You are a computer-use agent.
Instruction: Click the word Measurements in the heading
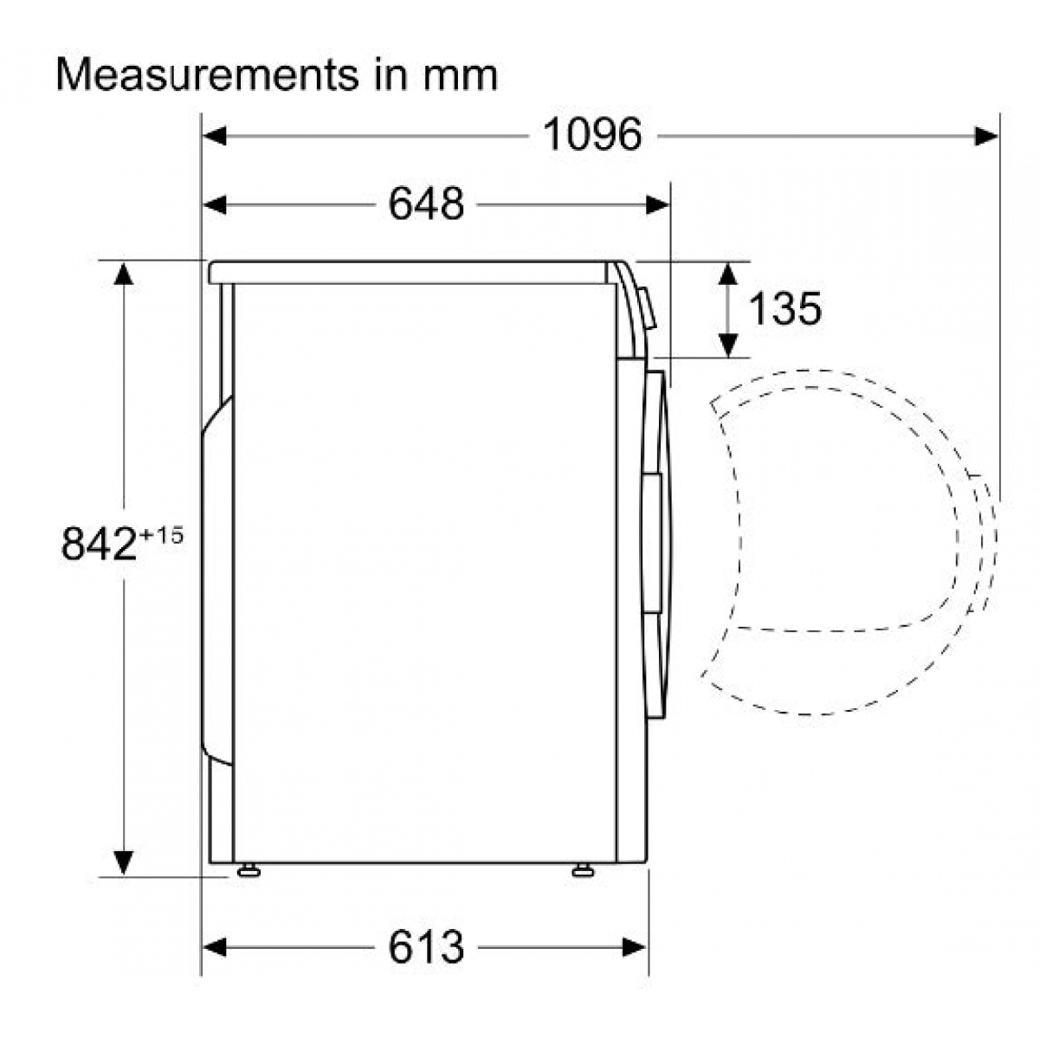pos(208,75)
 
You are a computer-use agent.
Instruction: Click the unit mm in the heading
pos(460,79)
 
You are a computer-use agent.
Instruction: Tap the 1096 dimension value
pos(592,135)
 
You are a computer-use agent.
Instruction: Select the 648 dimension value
pos(426,203)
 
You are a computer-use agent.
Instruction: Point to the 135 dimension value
pos(785,308)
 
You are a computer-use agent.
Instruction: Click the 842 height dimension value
pos(99,544)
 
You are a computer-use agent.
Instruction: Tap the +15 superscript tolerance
pos(161,535)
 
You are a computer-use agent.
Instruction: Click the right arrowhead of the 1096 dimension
pos(985,136)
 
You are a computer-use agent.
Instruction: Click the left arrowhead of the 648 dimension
pos(214,205)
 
